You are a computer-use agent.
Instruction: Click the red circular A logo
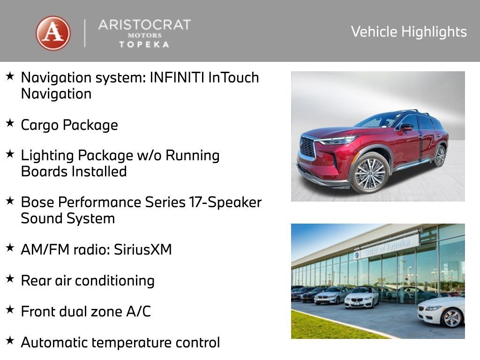(53, 33)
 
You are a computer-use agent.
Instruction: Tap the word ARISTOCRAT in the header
(144, 25)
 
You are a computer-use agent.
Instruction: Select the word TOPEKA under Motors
(144, 45)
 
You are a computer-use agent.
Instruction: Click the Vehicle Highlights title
(409, 32)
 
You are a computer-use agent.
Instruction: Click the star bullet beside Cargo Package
(10, 123)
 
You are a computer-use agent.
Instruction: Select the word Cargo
(40, 125)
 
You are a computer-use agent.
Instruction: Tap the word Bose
(38, 202)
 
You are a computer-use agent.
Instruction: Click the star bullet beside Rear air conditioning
(10, 279)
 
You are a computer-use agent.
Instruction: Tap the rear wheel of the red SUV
(440, 156)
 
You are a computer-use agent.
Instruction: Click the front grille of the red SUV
(307, 148)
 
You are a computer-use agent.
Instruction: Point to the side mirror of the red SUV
(406, 127)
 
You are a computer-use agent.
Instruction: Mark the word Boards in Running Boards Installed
(44, 172)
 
